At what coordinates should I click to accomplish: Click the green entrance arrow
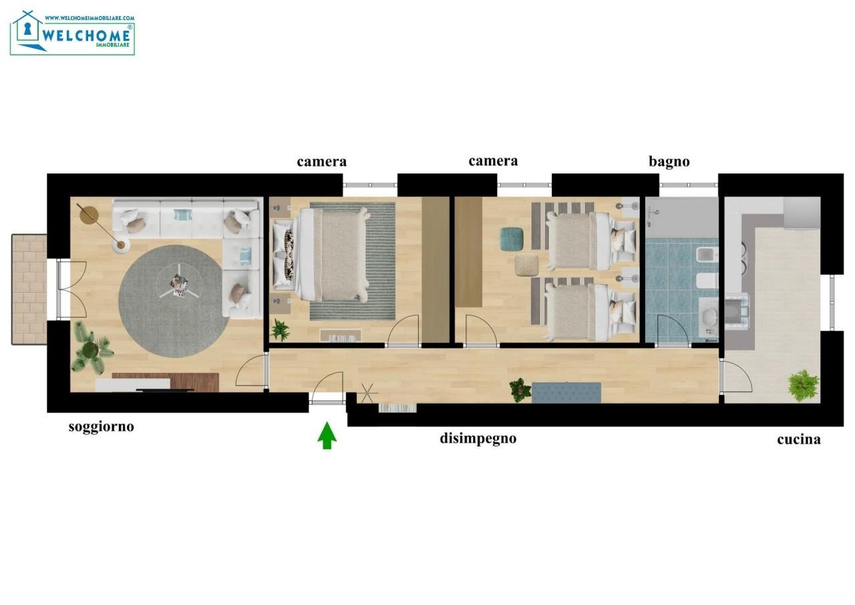click(x=327, y=435)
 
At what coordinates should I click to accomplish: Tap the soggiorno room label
click(x=101, y=427)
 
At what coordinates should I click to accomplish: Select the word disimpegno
click(x=478, y=439)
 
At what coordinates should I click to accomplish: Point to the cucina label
click(x=798, y=439)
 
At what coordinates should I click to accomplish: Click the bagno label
click(x=669, y=162)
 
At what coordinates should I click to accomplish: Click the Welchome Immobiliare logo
click(x=73, y=33)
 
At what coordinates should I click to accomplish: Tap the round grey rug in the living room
click(x=174, y=301)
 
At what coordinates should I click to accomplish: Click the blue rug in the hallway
click(x=566, y=392)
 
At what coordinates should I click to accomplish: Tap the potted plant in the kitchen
click(x=804, y=385)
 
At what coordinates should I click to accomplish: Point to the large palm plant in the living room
click(x=92, y=348)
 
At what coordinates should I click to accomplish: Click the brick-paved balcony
click(x=29, y=289)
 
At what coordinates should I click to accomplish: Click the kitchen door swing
click(x=737, y=377)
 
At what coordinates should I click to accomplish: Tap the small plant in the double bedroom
click(x=280, y=330)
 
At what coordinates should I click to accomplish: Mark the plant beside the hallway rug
click(x=520, y=390)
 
